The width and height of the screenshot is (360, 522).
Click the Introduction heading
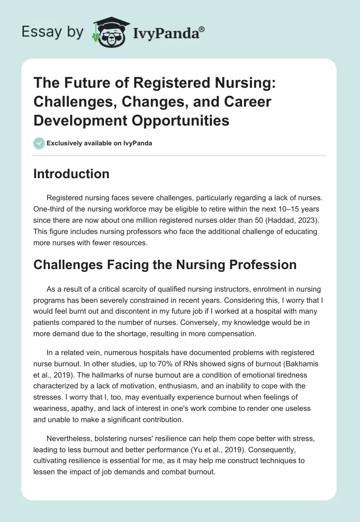coord(71,174)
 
